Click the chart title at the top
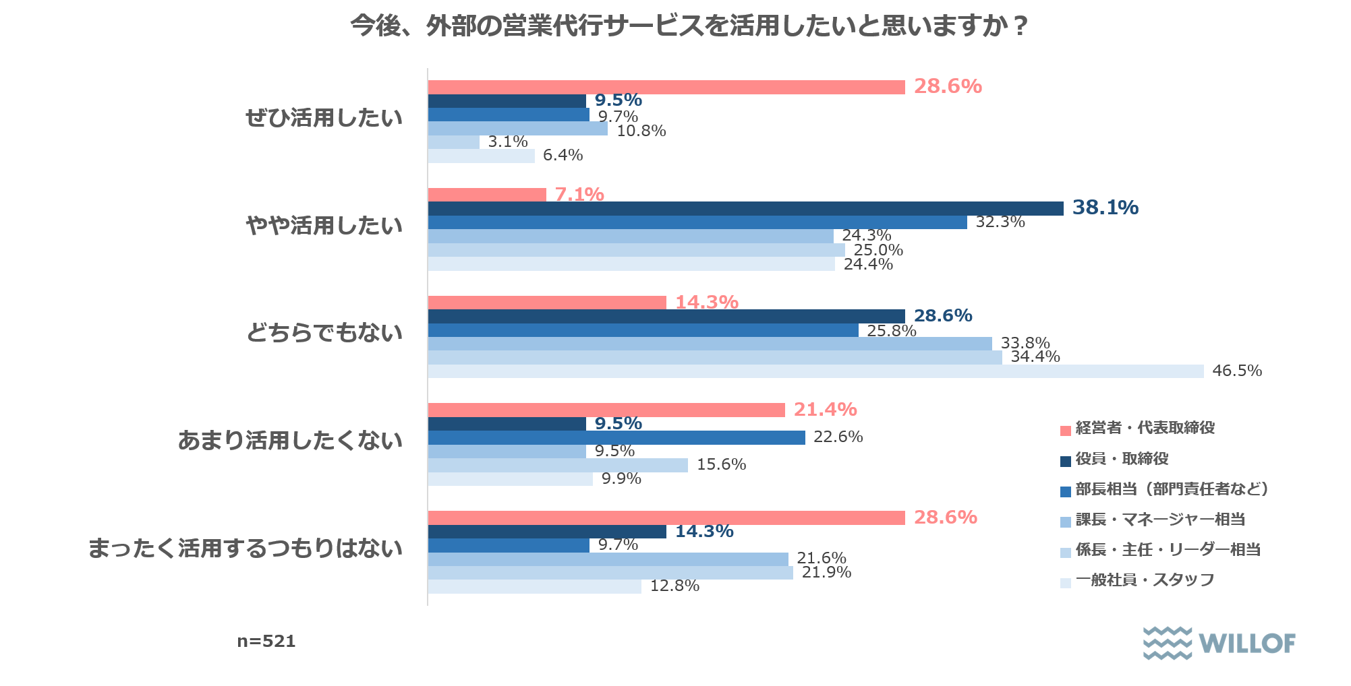click(x=688, y=26)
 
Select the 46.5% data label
click(x=1236, y=371)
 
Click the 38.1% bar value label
click(x=1105, y=208)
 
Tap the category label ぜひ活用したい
click(x=324, y=118)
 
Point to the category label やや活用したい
click(x=324, y=225)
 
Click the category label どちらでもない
click(x=324, y=333)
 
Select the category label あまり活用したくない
click(x=290, y=441)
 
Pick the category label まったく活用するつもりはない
click(x=246, y=549)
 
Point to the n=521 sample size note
click(x=266, y=641)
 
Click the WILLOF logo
click(x=1219, y=643)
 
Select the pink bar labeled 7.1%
click(x=487, y=195)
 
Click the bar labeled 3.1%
click(x=453, y=142)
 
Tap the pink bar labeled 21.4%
click(x=606, y=410)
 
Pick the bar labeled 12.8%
click(x=534, y=586)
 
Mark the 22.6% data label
click(x=838, y=437)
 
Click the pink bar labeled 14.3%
click(x=547, y=303)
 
